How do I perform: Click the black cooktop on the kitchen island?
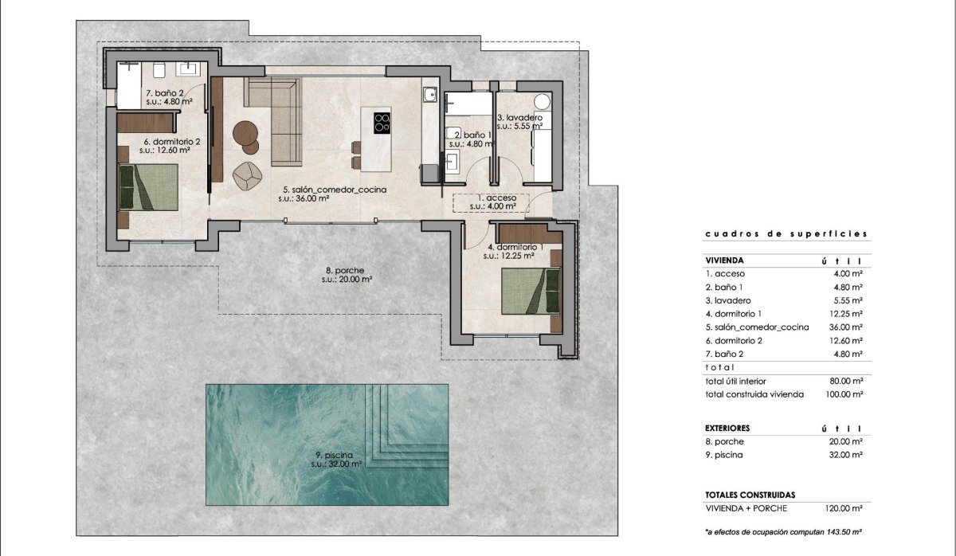pos(382,123)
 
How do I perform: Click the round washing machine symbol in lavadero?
pos(543,102)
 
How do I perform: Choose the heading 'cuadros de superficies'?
pos(786,234)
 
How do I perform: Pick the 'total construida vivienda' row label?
pos(754,394)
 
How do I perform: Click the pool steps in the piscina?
pos(405,422)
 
